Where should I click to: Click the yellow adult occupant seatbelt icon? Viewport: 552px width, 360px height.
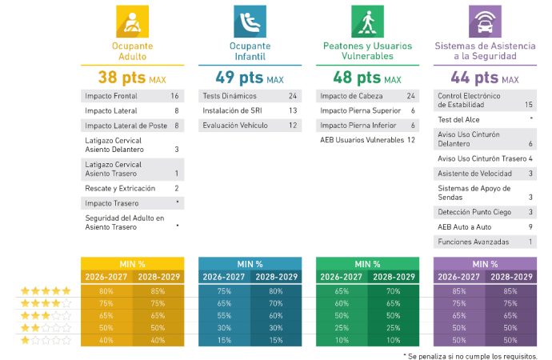point(132,21)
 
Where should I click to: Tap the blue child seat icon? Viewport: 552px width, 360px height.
point(250,21)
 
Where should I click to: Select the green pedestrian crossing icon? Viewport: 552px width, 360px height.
point(367,21)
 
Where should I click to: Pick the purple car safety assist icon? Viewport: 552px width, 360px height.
point(485,21)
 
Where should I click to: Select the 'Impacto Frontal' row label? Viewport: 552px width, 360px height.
point(110,96)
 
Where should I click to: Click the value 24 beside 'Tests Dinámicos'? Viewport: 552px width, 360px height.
point(293,96)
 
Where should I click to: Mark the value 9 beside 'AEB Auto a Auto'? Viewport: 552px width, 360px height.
point(530,227)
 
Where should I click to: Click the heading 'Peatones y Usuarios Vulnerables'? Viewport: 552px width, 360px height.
point(367,51)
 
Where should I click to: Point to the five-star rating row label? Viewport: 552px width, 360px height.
point(46,292)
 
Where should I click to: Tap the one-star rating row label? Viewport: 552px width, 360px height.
point(46,341)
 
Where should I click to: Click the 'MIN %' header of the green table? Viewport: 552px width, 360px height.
point(367,263)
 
